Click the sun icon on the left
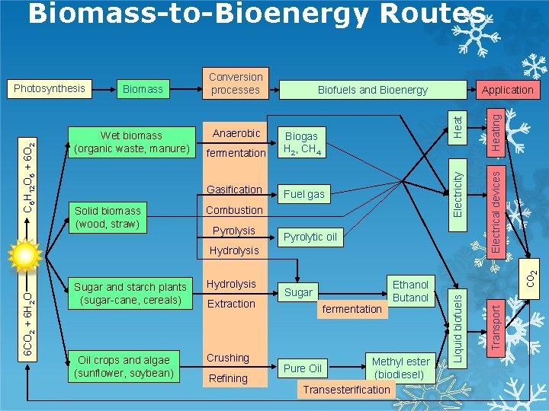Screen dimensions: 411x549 point(25,256)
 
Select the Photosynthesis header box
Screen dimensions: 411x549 point(50,88)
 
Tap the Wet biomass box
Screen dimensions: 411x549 point(131,142)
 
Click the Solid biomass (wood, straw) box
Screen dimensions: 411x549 point(108,217)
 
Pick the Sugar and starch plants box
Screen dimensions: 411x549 point(130,293)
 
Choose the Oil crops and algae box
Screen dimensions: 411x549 point(124,366)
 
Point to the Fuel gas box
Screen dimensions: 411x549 point(303,194)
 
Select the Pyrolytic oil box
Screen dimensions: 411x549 point(310,237)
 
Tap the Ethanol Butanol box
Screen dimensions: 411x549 point(410,291)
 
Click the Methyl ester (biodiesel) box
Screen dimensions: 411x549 point(400,368)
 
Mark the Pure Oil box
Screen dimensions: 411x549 point(303,368)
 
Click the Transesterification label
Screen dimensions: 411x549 point(347,390)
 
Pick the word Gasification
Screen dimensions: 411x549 point(234,190)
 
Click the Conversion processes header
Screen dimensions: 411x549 point(236,83)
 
